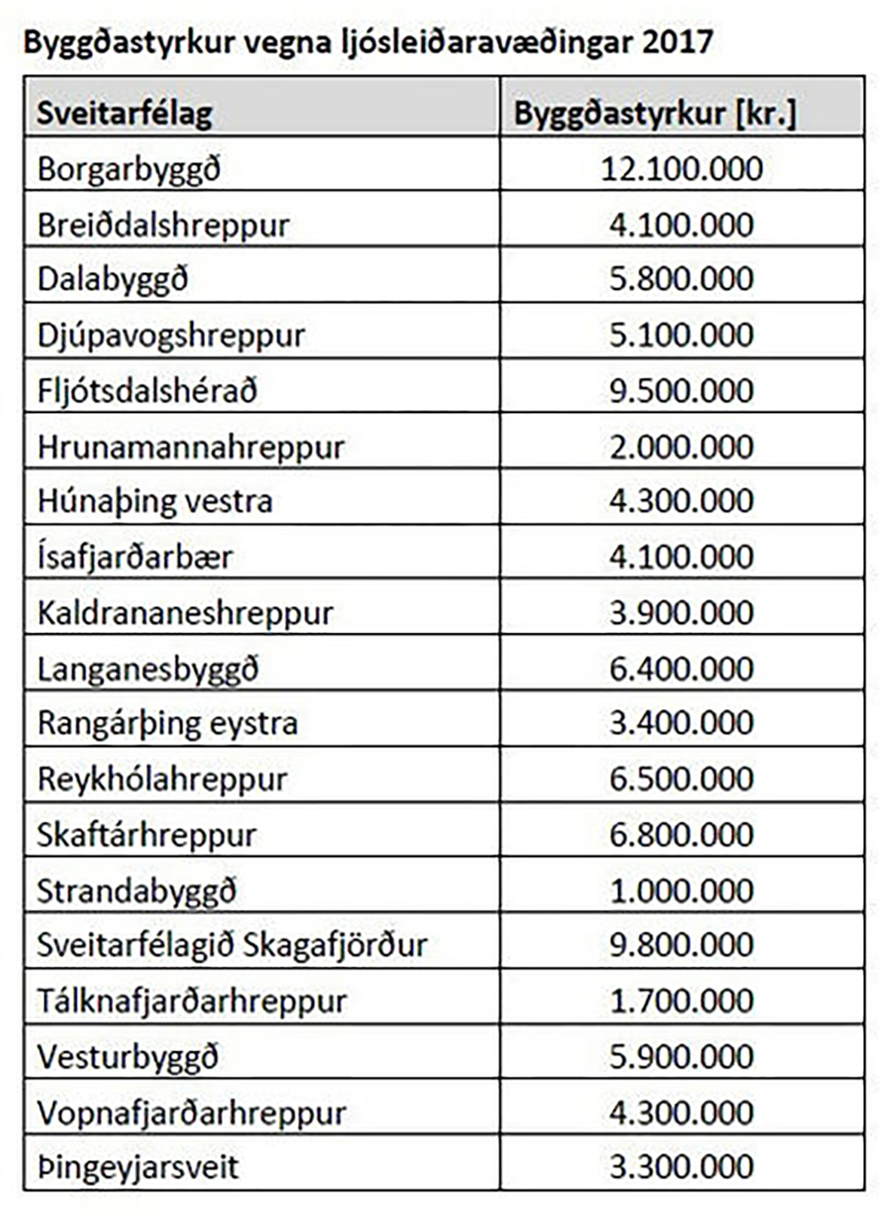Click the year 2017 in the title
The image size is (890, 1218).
coord(677,41)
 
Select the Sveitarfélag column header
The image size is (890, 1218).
coord(124,114)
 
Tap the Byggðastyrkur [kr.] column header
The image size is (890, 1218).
coord(654,114)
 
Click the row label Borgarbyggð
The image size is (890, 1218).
coord(129,169)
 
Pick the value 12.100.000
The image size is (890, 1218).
coord(681,169)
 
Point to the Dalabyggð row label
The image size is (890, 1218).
coord(113,280)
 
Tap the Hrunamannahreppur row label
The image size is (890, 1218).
coord(191,447)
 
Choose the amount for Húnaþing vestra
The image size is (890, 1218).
coord(681,501)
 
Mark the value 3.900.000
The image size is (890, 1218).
coord(681,613)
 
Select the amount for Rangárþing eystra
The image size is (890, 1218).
coord(681,724)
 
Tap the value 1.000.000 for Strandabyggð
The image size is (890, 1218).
coord(681,891)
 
